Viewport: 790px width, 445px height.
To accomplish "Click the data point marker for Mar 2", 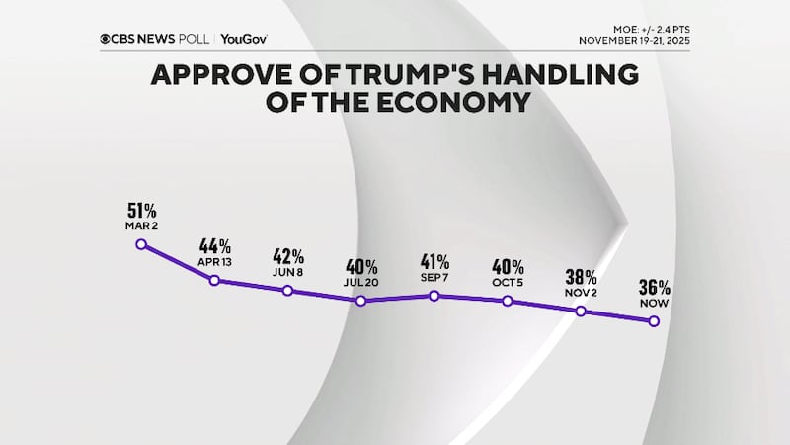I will point(140,243).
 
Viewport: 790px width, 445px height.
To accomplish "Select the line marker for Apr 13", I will point(214,281).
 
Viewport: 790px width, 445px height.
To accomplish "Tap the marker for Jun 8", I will point(287,290).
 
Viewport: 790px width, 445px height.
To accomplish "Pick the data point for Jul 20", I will point(361,300).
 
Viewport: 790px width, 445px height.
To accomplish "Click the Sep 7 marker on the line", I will point(434,295).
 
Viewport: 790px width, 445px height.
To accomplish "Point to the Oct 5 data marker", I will point(508,300).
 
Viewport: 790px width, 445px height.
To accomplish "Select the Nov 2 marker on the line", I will point(581,311).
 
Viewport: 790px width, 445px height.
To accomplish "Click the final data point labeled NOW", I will point(654,322).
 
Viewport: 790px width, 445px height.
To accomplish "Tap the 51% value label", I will point(141,210).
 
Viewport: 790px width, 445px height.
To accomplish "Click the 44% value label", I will point(214,246).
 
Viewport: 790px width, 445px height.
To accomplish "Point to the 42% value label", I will point(287,255).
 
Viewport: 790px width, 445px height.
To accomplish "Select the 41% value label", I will point(434,261).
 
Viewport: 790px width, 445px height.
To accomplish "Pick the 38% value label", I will point(581,276).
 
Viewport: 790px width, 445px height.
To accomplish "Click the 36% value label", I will point(654,288).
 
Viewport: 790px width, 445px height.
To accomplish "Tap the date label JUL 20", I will point(361,282).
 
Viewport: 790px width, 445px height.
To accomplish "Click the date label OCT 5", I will point(508,282).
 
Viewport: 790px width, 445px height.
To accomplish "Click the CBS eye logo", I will point(106,39).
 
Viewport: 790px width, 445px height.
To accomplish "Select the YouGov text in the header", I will point(244,39).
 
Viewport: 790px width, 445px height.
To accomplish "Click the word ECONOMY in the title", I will point(450,102).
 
